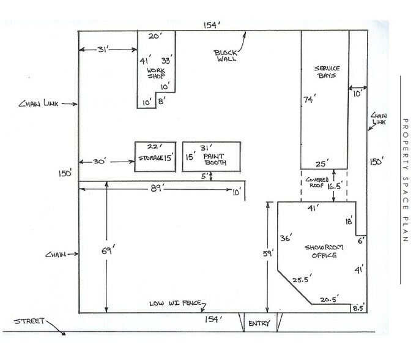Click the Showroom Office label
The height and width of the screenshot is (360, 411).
click(x=324, y=251)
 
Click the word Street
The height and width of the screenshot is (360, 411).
click(x=28, y=320)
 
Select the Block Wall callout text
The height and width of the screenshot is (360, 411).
click(x=226, y=54)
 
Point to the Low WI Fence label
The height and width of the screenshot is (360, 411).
click(x=176, y=304)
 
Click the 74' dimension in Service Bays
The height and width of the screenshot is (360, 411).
click(x=311, y=99)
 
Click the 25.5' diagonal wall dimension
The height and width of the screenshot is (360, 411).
click(x=300, y=279)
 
